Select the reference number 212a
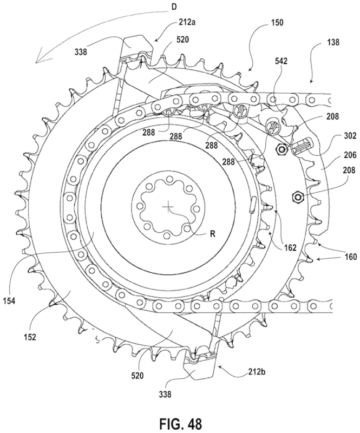(182, 23)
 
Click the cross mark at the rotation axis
(169, 206)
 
